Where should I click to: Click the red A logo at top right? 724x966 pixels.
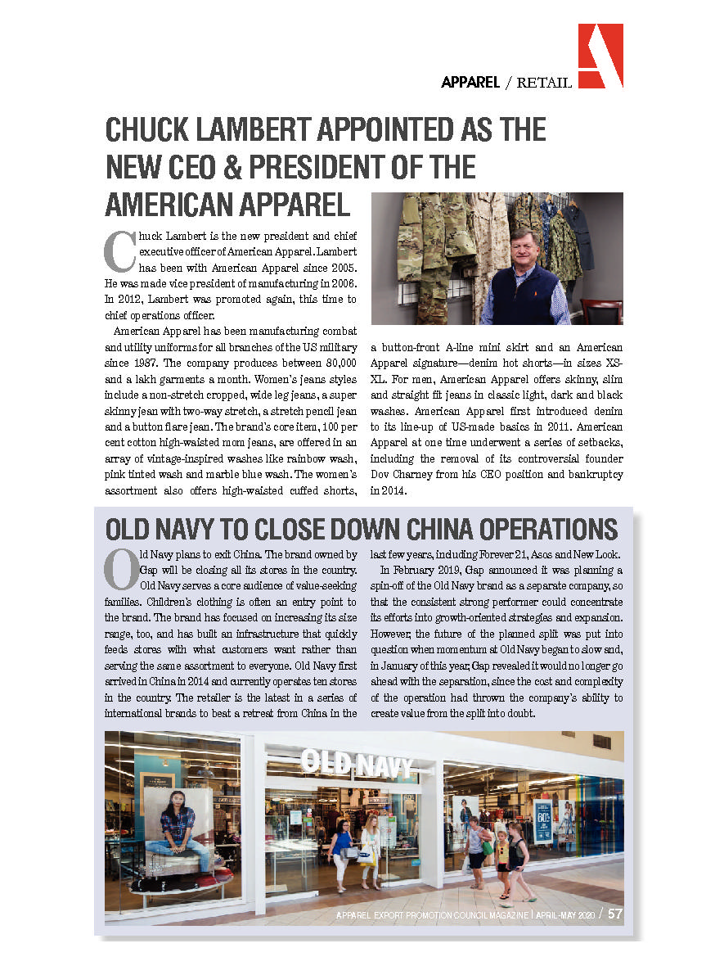[x=600, y=56]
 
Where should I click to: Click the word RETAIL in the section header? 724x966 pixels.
[x=544, y=82]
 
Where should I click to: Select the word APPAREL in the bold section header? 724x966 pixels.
[x=470, y=82]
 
